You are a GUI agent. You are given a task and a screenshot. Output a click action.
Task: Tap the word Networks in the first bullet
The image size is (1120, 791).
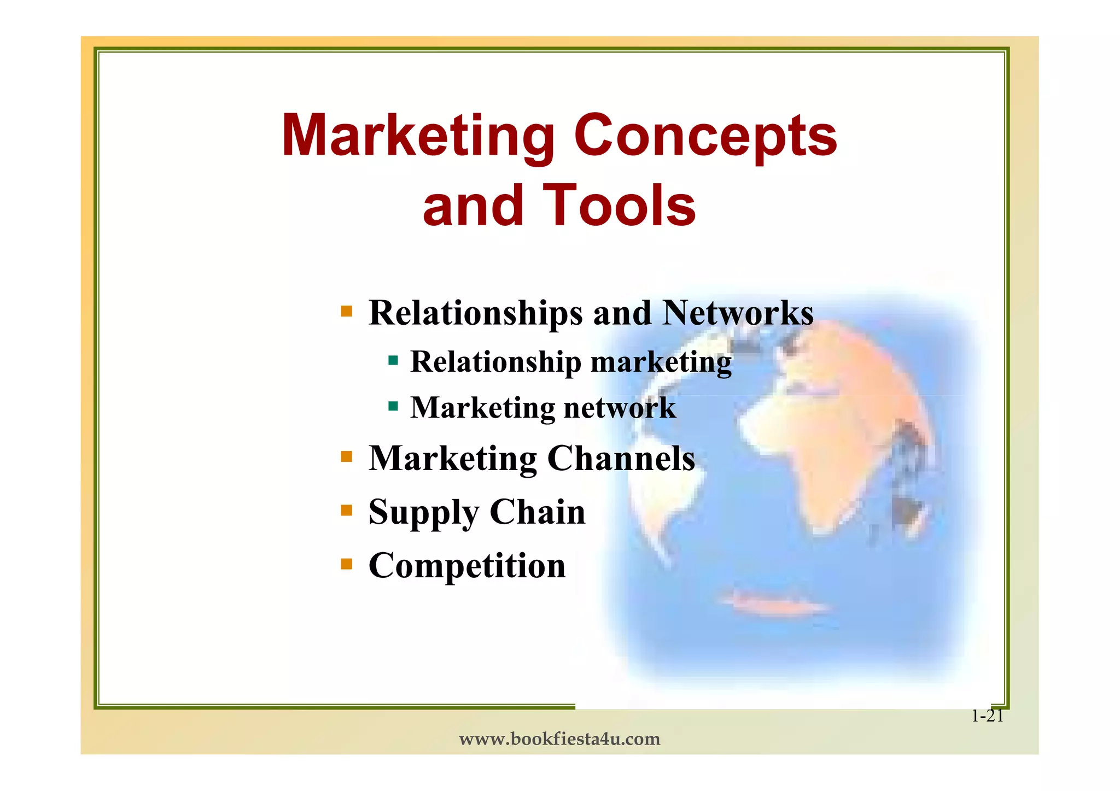(738, 313)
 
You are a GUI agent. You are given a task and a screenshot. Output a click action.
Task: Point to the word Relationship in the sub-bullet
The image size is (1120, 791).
(496, 362)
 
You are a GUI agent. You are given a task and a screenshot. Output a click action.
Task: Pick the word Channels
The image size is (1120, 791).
(621, 458)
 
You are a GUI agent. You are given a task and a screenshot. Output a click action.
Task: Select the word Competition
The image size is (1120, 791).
(467, 566)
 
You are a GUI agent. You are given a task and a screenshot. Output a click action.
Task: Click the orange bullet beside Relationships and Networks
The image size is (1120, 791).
(346, 312)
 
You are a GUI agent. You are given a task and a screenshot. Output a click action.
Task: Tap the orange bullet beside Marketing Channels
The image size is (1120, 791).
(346, 456)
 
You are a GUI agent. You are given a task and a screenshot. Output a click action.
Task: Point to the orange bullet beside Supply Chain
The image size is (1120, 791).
(346, 510)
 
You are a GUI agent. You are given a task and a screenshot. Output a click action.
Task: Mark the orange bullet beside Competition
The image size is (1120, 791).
(346, 564)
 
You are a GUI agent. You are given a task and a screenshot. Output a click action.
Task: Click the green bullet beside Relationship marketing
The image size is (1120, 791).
(393, 360)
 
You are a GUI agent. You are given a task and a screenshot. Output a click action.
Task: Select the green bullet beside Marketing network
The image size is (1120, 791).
(393, 406)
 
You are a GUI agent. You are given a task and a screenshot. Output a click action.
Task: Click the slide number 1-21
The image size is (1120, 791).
(987, 716)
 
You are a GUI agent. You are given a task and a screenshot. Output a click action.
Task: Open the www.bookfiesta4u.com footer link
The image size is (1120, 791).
(559, 740)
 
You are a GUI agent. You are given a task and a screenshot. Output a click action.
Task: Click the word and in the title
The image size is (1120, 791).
(473, 206)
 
